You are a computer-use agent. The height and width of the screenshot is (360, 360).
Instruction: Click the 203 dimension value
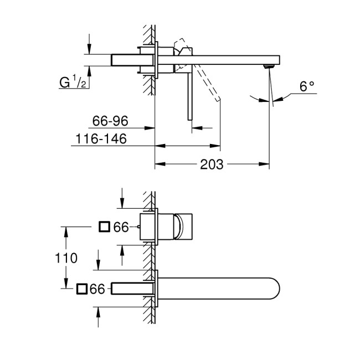(212, 164)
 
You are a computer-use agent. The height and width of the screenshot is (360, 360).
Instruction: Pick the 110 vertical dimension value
(66, 258)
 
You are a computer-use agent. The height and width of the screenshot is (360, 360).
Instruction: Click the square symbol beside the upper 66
(104, 227)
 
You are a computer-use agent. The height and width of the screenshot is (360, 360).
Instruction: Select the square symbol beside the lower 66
(81, 289)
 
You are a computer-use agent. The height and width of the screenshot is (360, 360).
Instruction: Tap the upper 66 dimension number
(121, 227)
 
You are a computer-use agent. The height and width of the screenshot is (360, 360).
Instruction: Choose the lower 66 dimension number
(97, 289)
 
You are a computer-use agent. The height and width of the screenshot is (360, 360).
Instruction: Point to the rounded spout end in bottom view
(274, 289)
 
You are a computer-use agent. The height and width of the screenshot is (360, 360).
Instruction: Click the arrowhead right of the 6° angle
(277, 99)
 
